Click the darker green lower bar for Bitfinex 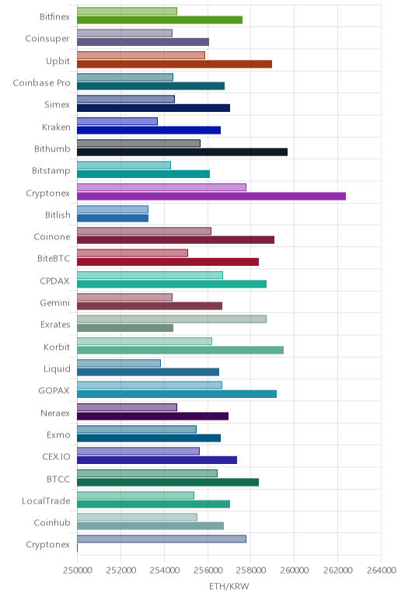tap(159, 20)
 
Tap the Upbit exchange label tap(58, 61)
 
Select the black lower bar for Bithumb tap(182, 152)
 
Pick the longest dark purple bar tap(211, 196)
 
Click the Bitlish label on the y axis tap(58, 215)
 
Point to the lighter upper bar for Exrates tap(172, 319)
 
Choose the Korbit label tap(57, 347)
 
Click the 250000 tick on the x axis tap(77, 570)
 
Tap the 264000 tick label tap(381, 570)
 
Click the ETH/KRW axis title tap(229, 586)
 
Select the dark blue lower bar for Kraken tap(149, 130)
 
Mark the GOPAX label tap(54, 391)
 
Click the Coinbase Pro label tap(41, 82)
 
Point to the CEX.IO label tap(56, 456)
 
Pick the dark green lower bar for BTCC tap(168, 482)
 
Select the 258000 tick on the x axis tap(251, 570)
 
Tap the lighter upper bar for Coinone tap(145, 231)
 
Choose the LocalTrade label tap(46, 501)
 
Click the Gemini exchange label tap(55, 302)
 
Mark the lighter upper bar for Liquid tap(119, 363)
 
